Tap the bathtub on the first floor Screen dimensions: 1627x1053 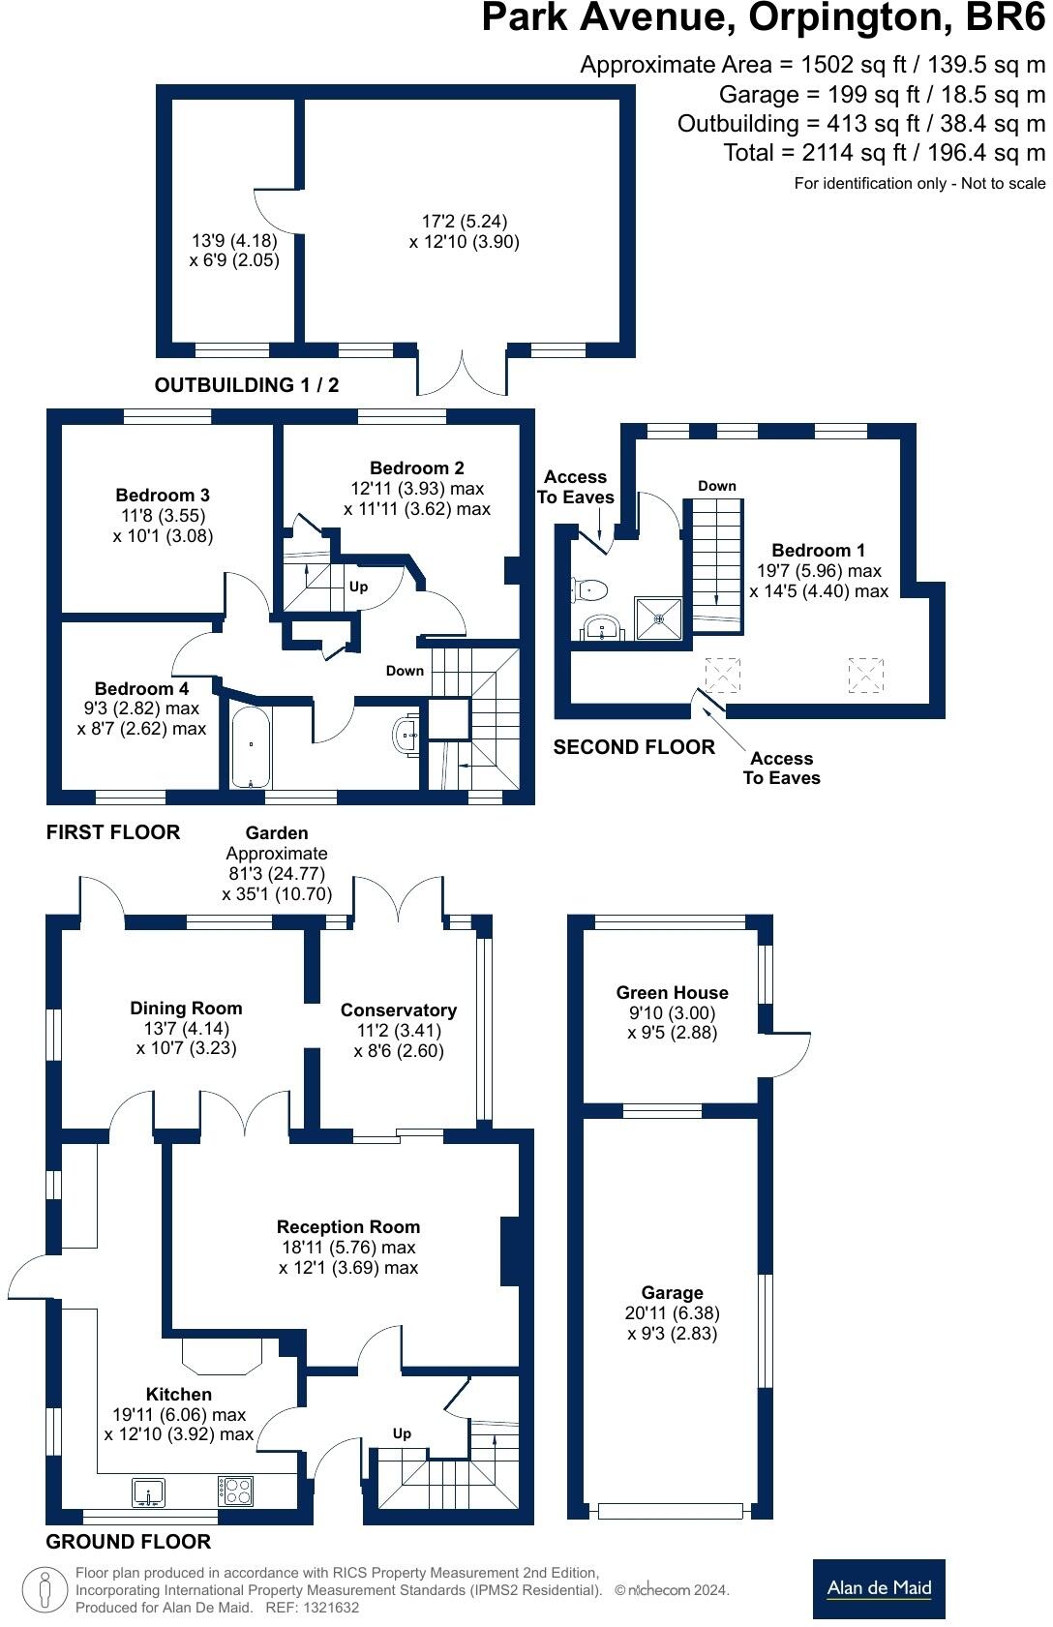tap(252, 746)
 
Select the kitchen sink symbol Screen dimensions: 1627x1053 tap(148, 1491)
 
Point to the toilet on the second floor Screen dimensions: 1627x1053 tap(590, 588)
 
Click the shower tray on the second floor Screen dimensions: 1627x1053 tap(658, 618)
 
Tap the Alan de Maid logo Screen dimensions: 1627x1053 tap(879, 1588)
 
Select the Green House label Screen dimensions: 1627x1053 tap(672, 992)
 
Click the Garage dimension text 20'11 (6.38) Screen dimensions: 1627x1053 tap(672, 1313)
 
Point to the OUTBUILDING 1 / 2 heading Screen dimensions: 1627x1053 tap(247, 385)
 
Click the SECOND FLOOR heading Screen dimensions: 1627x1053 tap(634, 747)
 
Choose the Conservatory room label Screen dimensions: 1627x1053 tap(398, 1009)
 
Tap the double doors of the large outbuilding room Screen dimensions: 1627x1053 tap(463, 371)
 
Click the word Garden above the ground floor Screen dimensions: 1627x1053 tap(277, 832)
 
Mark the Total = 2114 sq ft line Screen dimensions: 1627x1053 tap(884, 152)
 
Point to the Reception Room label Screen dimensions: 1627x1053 tap(348, 1226)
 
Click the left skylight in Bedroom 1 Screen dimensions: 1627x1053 tap(722, 674)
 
